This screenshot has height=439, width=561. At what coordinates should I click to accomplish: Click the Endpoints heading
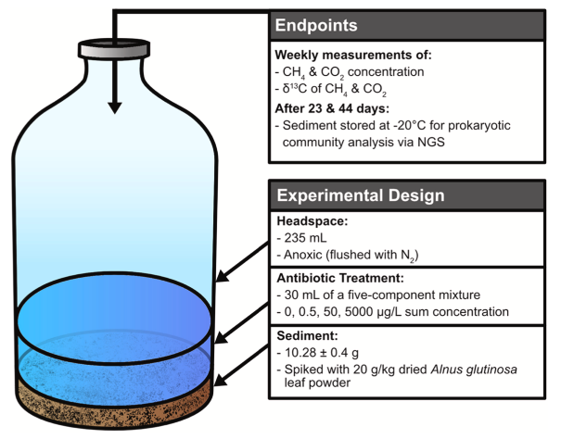point(316,25)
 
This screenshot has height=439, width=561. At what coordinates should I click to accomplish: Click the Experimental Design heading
point(361,195)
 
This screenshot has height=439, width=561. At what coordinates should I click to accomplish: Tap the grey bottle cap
point(114,49)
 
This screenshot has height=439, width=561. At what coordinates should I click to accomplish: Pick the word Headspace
point(311,221)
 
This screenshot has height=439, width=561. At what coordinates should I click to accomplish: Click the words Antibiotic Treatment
point(340,278)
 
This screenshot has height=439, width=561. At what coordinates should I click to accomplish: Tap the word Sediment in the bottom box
point(306,335)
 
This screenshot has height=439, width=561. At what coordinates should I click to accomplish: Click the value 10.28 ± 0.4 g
point(321,353)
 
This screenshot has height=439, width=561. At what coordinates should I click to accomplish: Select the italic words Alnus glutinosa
point(474,370)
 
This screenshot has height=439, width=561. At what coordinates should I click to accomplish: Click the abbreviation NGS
point(431,143)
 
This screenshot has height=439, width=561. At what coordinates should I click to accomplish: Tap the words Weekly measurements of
point(353,55)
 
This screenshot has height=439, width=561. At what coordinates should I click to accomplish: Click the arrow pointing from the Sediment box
point(241,365)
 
